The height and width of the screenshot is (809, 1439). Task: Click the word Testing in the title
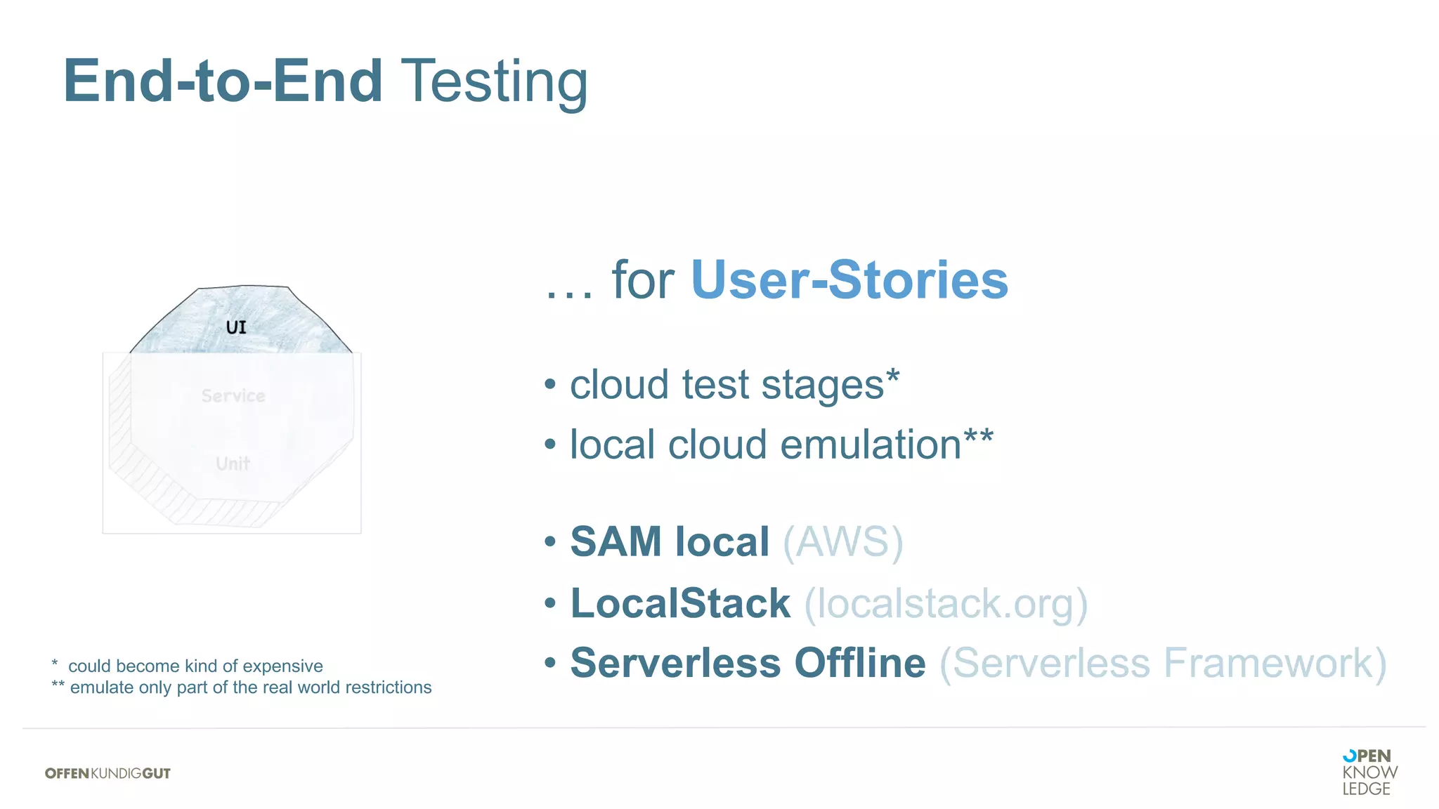click(x=494, y=82)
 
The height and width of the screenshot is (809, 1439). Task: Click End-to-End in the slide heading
click(x=223, y=82)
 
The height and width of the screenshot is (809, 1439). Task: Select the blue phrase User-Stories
click(x=849, y=280)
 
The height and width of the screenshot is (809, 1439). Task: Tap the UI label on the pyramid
click(x=236, y=327)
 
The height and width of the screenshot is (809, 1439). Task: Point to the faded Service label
click(x=233, y=396)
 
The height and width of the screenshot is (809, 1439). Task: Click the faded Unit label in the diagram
click(x=233, y=464)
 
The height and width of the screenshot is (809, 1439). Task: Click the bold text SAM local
click(x=670, y=542)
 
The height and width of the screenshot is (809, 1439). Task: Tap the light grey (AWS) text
click(x=842, y=542)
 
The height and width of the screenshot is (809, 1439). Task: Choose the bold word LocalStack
click(x=680, y=604)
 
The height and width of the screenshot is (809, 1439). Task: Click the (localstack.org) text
click(x=946, y=604)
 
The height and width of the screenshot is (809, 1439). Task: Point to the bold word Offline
click(x=860, y=664)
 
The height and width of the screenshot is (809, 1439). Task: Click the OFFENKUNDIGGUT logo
click(x=108, y=773)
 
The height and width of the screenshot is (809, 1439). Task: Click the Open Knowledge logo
click(x=1369, y=772)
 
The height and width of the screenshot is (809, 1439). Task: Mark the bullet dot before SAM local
click(x=550, y=542)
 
